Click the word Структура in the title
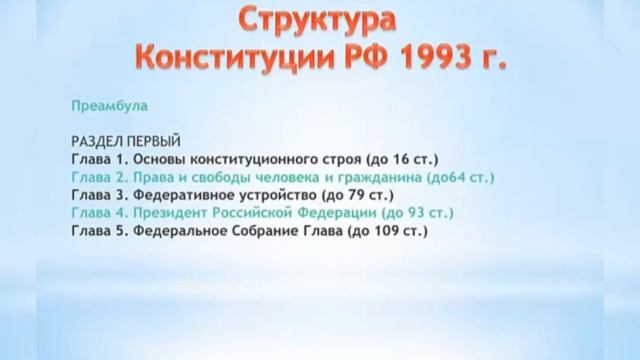click(x=318, y=20)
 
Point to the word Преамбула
click(x=105, y=103)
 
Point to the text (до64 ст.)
click(x=460, y=177)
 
